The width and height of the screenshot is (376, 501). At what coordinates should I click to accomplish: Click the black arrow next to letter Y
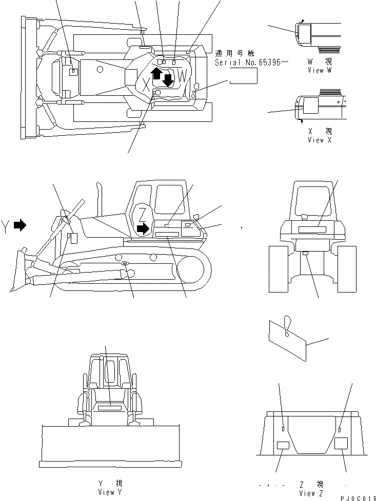point(19,224)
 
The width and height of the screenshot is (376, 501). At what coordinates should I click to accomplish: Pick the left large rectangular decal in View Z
point(283,445)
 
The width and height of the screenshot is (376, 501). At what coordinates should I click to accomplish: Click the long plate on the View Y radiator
point(108,408)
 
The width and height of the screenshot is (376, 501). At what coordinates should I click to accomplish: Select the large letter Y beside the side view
point(6,226)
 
